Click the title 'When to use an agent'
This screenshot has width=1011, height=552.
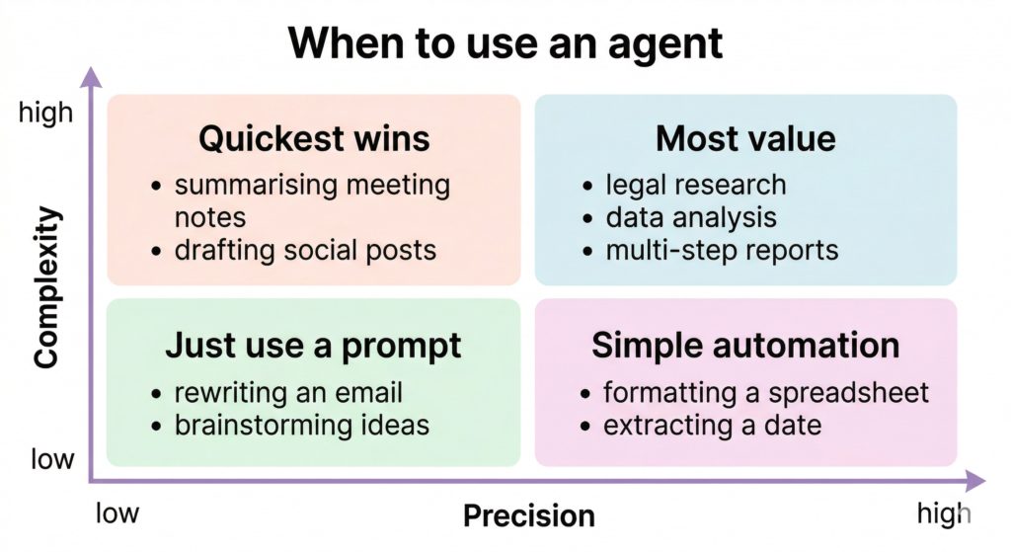[x=505, y=43]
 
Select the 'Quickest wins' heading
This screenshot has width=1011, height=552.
[x=314, y=138]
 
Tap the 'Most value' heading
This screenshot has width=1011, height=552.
[x=745, y=138]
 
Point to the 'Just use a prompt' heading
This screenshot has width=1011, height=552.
[x=313, y=346]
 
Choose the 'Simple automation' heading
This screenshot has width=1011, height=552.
[x=745, y=346]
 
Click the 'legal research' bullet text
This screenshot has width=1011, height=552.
[x=696, y=185]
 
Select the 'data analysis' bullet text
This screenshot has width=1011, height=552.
[x=691, y=217]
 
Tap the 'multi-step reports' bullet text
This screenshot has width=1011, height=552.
[x=722, y=250]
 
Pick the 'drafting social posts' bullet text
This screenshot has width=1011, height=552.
[x=305, y=250]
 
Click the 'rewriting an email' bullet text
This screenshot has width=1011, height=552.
[x=288, y=392]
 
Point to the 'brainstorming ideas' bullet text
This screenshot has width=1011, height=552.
[x=301, y=425]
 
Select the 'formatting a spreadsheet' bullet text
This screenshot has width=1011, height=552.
[x=766, y=392]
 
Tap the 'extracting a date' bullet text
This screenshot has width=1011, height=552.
[x=712, y=425]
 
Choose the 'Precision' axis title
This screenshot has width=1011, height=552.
[x=529, y=515]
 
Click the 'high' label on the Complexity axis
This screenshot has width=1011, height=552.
[x=45, y=114]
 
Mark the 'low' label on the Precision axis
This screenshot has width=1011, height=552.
[x=117, y=513]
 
